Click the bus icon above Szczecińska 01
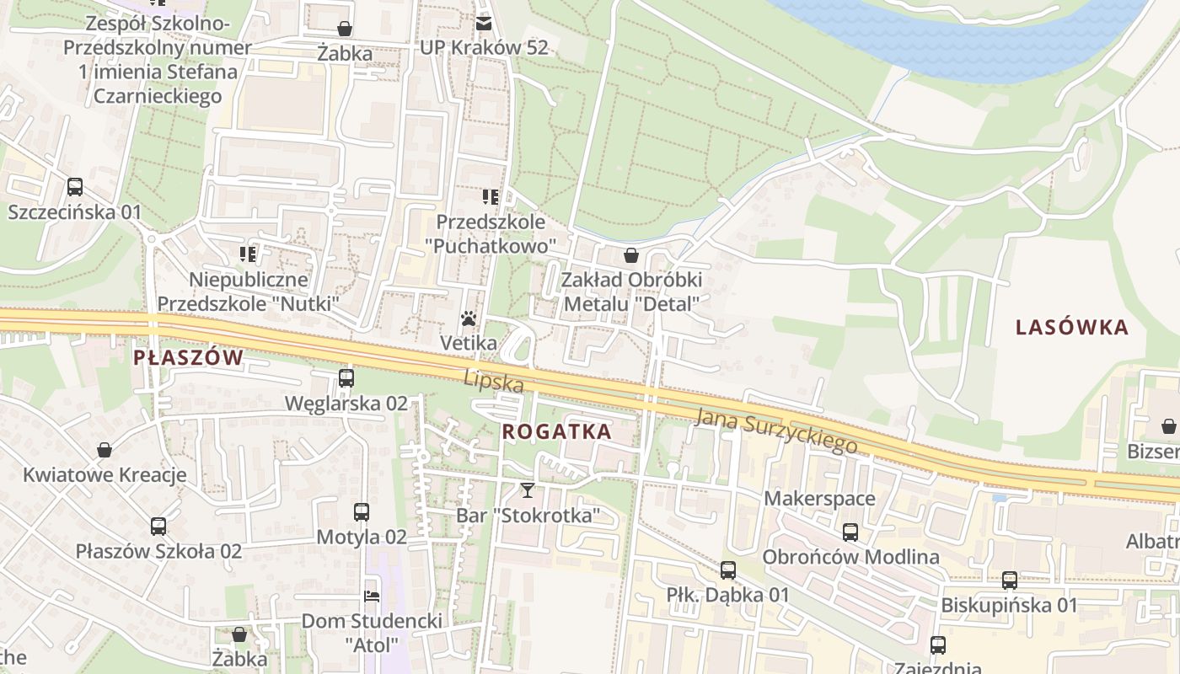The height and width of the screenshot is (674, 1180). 75,187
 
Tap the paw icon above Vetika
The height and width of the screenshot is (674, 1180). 469,319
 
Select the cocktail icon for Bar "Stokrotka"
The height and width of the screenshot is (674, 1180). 528,489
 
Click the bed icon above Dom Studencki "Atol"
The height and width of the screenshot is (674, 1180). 372,596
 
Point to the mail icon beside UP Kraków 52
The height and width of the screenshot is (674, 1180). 484,23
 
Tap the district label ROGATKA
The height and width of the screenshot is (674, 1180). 556,431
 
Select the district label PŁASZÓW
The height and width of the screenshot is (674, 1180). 188,357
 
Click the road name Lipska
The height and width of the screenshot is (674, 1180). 494,381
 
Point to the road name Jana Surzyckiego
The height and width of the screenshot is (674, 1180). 776,429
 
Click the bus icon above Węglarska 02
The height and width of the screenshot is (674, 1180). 346,378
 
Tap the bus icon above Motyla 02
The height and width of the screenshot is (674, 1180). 361,512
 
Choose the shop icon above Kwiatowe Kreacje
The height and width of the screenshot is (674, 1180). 105,450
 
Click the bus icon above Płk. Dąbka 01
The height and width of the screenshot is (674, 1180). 728,570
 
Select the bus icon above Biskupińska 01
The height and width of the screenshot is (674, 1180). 1009,580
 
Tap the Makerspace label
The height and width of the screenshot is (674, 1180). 819,499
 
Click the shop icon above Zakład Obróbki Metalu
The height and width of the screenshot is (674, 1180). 631,255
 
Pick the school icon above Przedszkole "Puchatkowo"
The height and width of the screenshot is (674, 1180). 491,198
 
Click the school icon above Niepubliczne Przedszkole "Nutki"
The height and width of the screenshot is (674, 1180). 248,254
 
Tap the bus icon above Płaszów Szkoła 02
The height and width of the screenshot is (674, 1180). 158,527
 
